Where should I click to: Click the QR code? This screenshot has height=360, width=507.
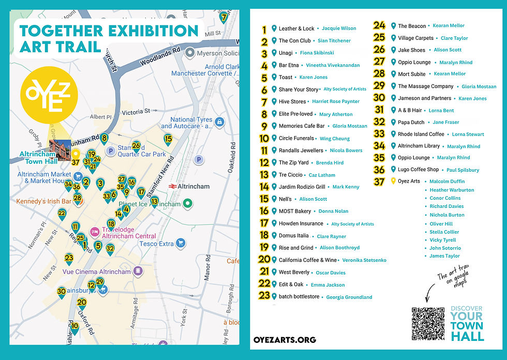(x=428, y=324)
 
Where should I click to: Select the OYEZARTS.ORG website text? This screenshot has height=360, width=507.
(x=285, y=340)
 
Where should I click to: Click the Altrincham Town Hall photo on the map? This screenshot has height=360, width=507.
(x=59, y=151)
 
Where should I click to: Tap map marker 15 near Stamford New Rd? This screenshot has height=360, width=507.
(x=168, y=139)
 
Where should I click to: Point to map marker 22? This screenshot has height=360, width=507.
(x=62, y=214)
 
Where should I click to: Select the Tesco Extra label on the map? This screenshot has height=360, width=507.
(x=157, y=244)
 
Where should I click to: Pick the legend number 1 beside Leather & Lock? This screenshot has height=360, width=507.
(x=264, y=29)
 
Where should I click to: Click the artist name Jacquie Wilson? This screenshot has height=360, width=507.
(x=339, y=29)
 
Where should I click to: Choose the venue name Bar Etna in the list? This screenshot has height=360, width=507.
(x=289, y=66)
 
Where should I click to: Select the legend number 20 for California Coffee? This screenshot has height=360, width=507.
(x=264, y=260)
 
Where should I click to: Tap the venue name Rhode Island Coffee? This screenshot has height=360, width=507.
(x=421, y=134)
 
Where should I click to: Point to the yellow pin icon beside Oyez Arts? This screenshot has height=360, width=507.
(x=393, y=181)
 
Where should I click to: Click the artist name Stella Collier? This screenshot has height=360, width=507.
(x=444, y=232)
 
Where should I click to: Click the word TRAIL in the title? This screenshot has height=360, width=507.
(x=80, y=47)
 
